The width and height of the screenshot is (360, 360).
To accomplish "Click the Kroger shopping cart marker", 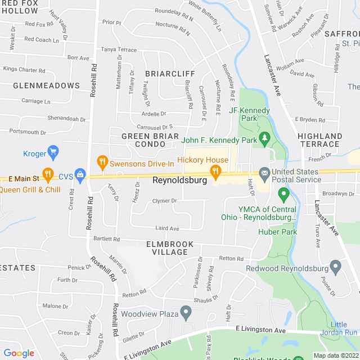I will (x=53, y=152).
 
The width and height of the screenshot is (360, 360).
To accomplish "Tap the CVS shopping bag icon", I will (x=80, y=175).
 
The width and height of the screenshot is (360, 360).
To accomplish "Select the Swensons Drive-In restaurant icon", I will (x=102, y=162).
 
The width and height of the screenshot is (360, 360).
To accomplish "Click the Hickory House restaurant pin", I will (x=214, y=171).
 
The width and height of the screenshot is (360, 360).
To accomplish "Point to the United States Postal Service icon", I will (x=264, y=172).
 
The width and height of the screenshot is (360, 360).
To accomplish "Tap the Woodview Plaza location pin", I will (x=186, y=313).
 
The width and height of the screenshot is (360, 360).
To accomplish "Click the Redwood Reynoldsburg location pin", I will (x=336, y=265).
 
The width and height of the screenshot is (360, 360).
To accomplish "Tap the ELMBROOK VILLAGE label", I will (x=170, y=248).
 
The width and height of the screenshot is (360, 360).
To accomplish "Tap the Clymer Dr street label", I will (x=164, y=201).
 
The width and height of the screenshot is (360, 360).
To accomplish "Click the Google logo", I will (x=19, y=353).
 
